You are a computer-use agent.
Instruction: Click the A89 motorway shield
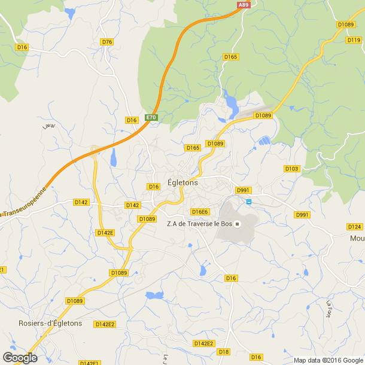coord(243,5)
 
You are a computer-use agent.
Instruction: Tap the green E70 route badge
coord(151,118)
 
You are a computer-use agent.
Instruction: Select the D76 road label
coord(107,42)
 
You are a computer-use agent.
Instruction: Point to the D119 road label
coord(354,40)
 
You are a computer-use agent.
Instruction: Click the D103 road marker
coord(291,169)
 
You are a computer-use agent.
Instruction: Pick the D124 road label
coord(355,227)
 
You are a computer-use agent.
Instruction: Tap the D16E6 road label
coord(199,212)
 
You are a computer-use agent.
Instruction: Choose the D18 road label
coord(224,351)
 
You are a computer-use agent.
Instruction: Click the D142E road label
coord(105,232)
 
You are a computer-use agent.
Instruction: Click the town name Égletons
coord(183,184)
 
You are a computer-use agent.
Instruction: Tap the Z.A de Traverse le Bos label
coord(199,224)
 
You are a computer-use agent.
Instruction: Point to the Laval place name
coord(48,126)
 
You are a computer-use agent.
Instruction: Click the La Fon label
coord(328,309)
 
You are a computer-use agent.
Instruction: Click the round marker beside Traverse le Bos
coord(238,224)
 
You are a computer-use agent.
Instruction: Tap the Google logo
coord(20,358)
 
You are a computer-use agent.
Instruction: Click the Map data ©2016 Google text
coord(328,360)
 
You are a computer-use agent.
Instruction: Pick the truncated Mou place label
coord(357,238)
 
